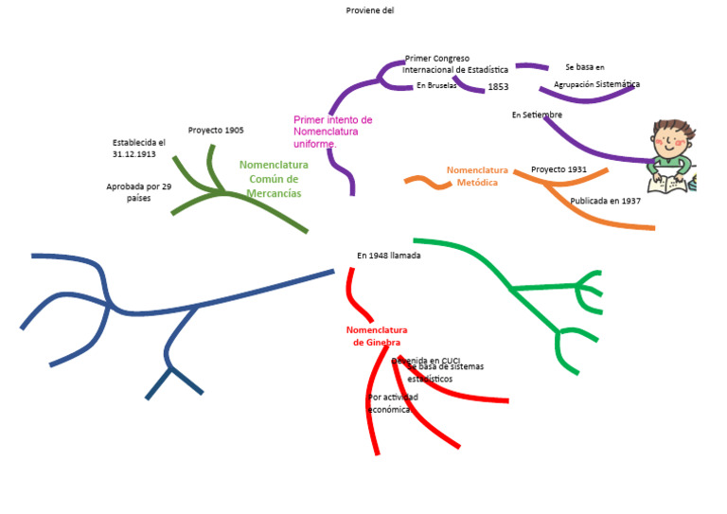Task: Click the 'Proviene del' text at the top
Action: (x=370, y=10)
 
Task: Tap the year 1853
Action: (x=498, y=87)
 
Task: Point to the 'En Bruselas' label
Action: (x=436, y=85)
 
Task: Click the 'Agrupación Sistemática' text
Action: (x=596, y=84)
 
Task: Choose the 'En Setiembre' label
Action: (x=537, y=115)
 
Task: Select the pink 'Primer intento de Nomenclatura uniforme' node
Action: (x=332, y=132)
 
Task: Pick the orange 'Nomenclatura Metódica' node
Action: (x=477, y=176)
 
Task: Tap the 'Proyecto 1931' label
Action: (x=559, y=169)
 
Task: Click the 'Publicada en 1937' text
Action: (x=605, y=201)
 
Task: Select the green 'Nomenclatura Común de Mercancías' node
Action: (x=274, y=179)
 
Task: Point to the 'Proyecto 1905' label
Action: (x=216, y=130)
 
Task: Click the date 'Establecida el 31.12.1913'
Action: (x=138, y=148)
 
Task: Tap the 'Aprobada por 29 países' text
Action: (x=138, y=192)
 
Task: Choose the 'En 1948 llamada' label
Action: (x=388, y=256)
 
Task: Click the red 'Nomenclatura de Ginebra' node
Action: (x=377, y=336)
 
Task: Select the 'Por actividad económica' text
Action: (x=391, y=403)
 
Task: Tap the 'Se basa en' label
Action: (x=584, y=67)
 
